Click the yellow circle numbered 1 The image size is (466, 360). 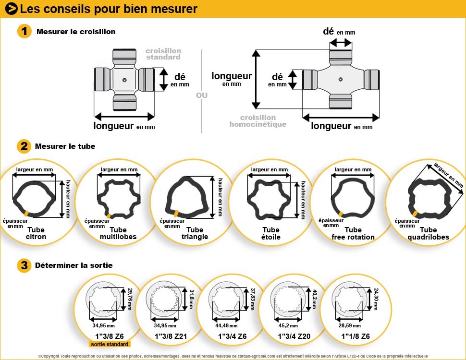tap(24, 32)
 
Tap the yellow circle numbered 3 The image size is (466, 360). tap(24, 265)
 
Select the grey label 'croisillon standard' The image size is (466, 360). tap(163, 54)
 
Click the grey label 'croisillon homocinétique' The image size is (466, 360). tap(258, 121)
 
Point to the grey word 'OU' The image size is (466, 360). tap(202, 96)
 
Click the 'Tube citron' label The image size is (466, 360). tap(36, 233)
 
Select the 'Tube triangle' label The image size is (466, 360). tap(195, 233)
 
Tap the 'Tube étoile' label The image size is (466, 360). tap(271, 233)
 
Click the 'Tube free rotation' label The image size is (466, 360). tap(353, 233)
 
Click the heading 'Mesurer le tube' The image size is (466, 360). tap(65, 146)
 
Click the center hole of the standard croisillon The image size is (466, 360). tap(124, 79)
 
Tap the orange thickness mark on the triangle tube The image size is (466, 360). tap(177, 212)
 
